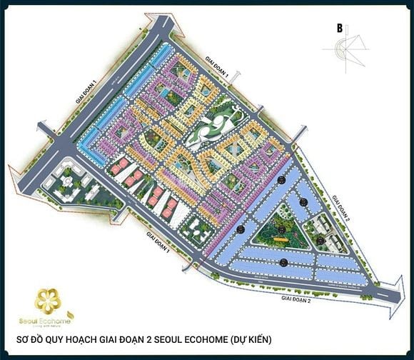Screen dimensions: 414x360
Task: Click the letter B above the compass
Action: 340,29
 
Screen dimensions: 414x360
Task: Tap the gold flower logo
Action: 49,300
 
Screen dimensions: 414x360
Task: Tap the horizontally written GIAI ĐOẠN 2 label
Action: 296,300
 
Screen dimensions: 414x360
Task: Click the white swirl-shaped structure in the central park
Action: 215,129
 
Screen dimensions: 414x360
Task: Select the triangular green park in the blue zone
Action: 278,232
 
